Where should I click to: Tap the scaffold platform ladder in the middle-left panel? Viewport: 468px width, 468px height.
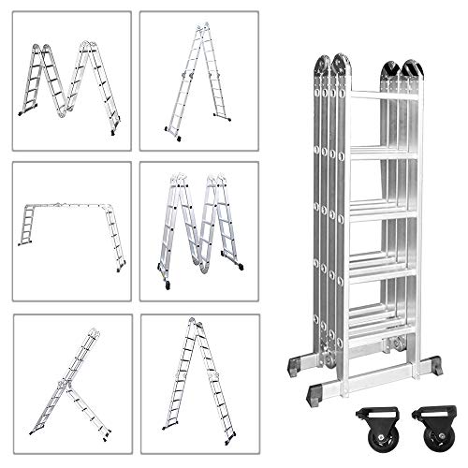(x=70, y=225)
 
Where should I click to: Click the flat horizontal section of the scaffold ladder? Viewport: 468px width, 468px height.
(x=70, y=204)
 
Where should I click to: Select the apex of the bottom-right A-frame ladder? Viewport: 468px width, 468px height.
(x=194, y=322)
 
